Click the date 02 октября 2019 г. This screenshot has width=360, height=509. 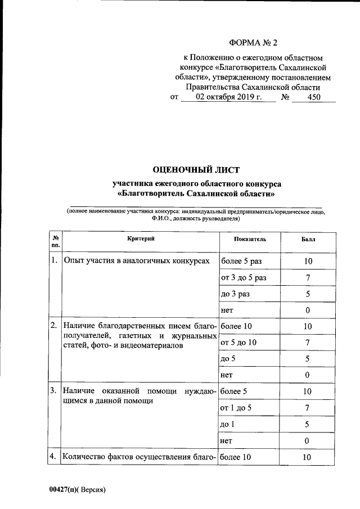(x=229, y=97)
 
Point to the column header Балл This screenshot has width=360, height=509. (x=308, y=240)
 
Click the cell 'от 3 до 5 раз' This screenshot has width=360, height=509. (x=244, y=277)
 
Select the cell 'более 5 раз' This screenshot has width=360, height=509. (x=241, y=261)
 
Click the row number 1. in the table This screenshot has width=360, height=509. (x=54, y=261)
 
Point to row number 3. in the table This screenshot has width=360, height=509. (x=54, y=391)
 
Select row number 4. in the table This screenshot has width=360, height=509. (x=54, y=457)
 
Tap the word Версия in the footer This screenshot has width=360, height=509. (x=92, y=489)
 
